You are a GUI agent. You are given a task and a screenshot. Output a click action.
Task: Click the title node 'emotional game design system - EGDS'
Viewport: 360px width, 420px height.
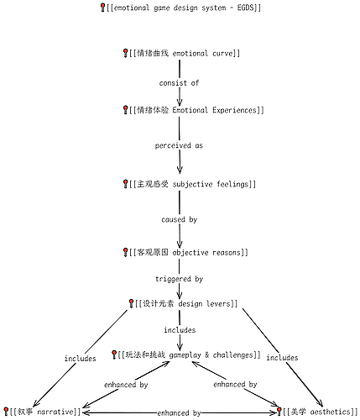coord(180,8)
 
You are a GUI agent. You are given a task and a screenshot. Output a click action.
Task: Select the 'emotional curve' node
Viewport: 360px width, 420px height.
coord(181,53)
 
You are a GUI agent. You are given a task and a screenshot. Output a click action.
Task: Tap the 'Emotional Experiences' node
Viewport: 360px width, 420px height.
coord(193,110)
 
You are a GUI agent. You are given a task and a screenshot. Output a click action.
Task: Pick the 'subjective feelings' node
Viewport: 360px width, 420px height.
coord(190,184)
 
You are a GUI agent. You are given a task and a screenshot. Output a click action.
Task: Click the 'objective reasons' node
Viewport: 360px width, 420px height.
coord(185,253)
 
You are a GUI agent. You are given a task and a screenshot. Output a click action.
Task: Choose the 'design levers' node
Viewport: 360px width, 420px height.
coord(183,303)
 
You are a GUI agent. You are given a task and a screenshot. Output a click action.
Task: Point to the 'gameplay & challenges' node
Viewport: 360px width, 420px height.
coord(186,355)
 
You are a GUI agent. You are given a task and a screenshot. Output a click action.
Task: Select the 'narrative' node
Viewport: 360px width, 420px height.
coord(42,412)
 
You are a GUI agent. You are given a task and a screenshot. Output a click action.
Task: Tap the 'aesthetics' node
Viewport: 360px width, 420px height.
coord(317,412)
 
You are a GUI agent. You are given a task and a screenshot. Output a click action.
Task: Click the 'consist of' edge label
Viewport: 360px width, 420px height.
coord(179,83)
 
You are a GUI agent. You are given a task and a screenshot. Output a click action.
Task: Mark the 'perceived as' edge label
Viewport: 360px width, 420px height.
coord(179,145)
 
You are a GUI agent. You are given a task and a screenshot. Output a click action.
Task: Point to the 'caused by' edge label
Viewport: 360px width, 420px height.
coord(180,219)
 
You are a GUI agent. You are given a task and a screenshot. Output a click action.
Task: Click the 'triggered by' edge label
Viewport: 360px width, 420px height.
coord(180,279)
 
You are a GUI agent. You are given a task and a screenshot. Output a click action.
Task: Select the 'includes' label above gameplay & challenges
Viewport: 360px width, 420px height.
coord(180,330)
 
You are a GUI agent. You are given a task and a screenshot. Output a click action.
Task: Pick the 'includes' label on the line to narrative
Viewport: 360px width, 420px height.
coord(81,359)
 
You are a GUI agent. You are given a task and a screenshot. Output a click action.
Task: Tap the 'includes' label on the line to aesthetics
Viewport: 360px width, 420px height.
coord(282,358)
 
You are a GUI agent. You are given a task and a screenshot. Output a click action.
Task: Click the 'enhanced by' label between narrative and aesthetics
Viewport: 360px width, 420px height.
coord(179,413)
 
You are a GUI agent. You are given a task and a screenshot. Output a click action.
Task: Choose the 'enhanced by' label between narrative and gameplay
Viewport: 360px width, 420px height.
coord(126,385)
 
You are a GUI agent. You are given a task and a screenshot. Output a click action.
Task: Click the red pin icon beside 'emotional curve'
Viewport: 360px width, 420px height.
coord(126,53)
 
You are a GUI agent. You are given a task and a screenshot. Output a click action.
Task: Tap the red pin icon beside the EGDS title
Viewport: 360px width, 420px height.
coord(102,8)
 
